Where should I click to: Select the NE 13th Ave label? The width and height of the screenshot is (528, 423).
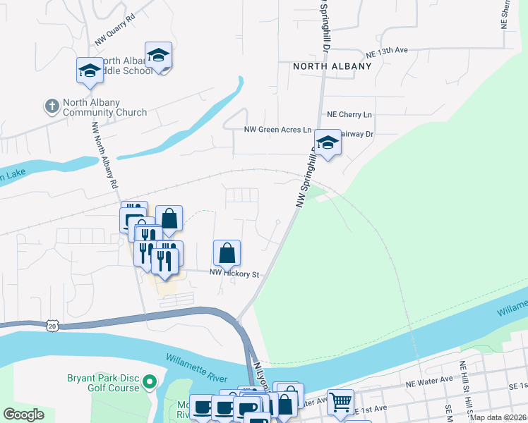point(387,52)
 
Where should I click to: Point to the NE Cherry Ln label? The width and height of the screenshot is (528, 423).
point(349,114)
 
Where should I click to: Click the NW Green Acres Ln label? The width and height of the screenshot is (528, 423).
point(277,130)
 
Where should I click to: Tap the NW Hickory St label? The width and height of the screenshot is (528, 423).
point(234,274)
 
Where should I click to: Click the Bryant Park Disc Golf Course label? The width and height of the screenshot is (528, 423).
point(104,383)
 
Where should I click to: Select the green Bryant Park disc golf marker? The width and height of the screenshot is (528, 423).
point(149,383)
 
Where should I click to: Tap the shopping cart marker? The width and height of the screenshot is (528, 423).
point(340,402)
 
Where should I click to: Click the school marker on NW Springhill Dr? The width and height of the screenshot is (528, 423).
point(328,143)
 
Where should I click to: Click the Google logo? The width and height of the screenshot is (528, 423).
point(23,415)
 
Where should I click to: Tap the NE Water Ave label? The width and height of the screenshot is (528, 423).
point(428,379)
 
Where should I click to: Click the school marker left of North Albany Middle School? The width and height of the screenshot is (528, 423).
point(90,70)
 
